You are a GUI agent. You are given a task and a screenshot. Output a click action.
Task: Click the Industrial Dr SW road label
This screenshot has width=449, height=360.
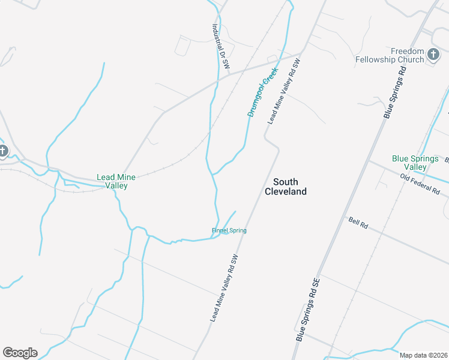click(221, 47)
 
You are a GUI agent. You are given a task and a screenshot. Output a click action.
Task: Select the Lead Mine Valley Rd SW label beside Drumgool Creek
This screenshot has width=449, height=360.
click(283, 91)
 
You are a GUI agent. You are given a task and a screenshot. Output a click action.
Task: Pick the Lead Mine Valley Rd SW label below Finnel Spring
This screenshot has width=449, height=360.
click(229, 287)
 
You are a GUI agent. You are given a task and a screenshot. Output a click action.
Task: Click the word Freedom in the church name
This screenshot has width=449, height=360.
click(407, 51)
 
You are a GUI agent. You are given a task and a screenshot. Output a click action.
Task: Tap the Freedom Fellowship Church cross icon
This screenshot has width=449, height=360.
click(433, 56)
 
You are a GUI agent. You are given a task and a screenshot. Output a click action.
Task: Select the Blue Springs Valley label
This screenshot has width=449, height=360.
click(409, 163)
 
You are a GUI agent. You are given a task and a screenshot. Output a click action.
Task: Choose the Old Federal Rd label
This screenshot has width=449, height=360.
click(420, 184)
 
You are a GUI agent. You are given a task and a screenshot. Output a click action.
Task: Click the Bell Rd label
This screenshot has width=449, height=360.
click(358, 223)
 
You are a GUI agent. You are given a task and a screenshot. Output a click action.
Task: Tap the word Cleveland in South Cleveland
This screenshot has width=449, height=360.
click(286, 191)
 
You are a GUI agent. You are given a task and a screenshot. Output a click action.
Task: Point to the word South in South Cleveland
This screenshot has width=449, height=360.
click(286, 182)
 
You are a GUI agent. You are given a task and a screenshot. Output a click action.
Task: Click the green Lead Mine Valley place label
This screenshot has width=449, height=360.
click(116, 181)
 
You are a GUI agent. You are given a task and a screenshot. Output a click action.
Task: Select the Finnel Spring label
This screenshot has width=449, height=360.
click(229, 230)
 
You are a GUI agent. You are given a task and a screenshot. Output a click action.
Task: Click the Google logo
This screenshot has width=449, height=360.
click(20, 353)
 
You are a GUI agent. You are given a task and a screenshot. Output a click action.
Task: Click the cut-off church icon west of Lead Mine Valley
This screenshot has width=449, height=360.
click(2, 151)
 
